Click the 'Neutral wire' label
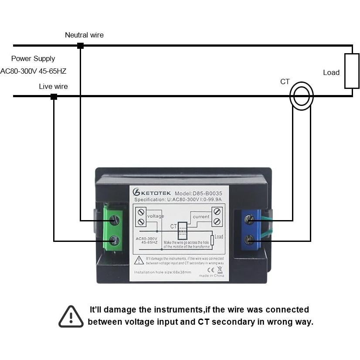coord(84,35)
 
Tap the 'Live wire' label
coord(53,86)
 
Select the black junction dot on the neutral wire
coord(80,46)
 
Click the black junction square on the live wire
coord(54,97)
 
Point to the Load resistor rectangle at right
coord(352,71)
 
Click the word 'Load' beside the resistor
coord(331,73)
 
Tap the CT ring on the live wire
coord(302,97)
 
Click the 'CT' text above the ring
coord(285,82)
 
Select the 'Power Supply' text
coord(33,58)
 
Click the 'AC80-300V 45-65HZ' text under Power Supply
coord(33,71)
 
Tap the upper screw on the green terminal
coord(115,220)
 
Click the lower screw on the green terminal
coord(115,240)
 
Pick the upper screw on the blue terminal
coord(250,220)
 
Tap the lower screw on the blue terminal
coord(250,240)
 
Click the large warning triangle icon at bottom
coord(71,316)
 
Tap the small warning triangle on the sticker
coord(139,260)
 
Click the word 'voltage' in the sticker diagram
coord(156,216)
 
